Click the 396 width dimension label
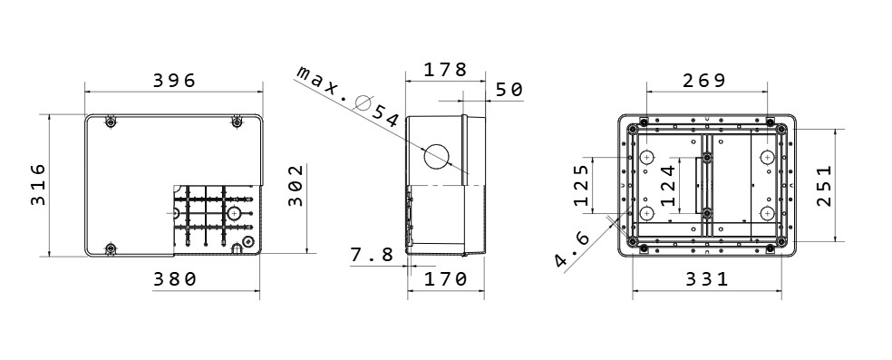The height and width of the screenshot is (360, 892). (174, 81)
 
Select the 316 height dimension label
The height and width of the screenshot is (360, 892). (38, 184)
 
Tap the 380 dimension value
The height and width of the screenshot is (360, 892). (175, 279)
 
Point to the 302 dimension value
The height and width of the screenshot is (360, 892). (296, 185)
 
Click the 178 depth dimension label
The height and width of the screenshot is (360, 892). (445, 70)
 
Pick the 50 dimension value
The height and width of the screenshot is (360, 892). (509, 90)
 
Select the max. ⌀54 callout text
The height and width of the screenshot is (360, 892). (348, 96)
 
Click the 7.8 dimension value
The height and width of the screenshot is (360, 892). (372, 255)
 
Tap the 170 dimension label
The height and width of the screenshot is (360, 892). (446, 279)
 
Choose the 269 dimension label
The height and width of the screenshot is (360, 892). (704, 81)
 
